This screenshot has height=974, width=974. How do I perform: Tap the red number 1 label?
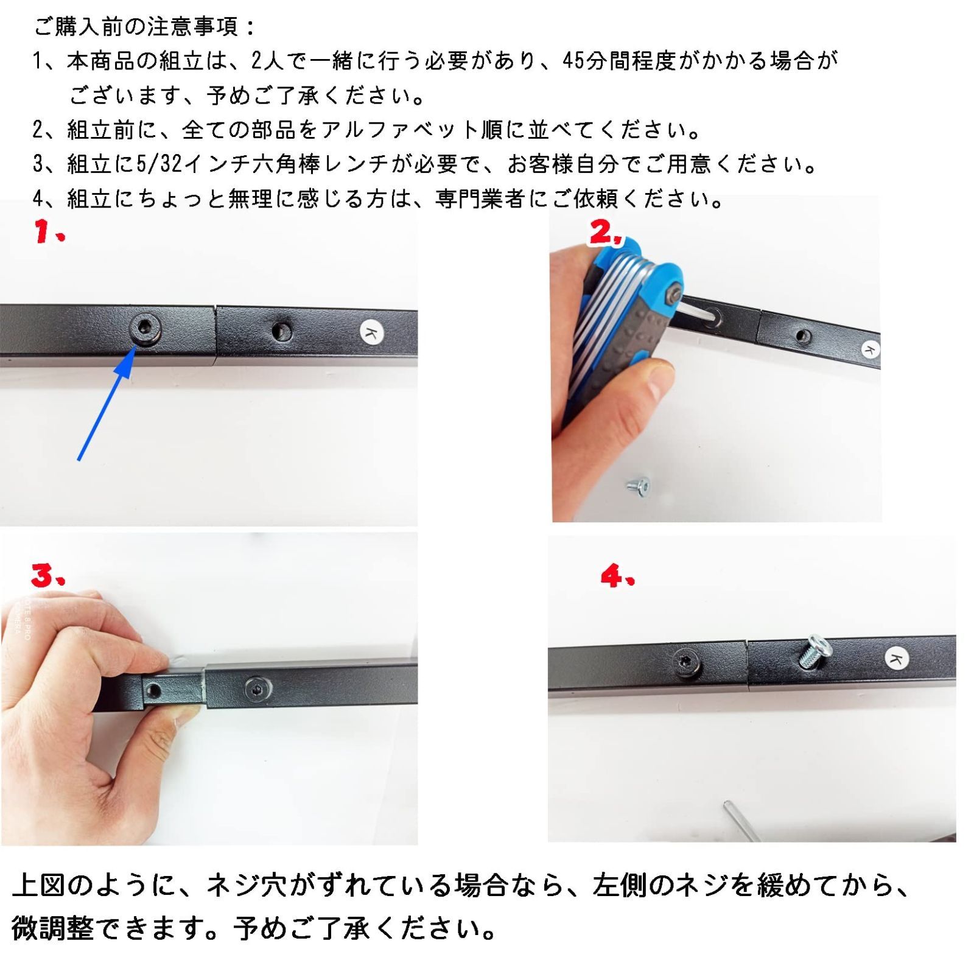point(49,232)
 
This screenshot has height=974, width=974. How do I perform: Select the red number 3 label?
point(47,575)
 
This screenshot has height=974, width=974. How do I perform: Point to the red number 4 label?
point(617,575)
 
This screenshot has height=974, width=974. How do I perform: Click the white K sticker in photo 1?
point(372,332)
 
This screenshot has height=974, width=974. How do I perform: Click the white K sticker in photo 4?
point(895,659)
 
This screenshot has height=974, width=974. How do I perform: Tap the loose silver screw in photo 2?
point(639,486)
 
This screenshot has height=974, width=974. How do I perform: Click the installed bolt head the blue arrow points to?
point(146,329)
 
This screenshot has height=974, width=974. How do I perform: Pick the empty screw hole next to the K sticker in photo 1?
point(281,332)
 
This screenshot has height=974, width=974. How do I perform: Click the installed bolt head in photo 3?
point(254,689)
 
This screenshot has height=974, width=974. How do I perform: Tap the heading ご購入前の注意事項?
point(145,27)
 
